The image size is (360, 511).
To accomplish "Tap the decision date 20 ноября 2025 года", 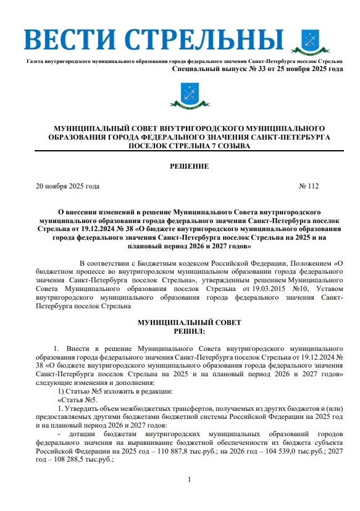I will click(67, 186).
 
